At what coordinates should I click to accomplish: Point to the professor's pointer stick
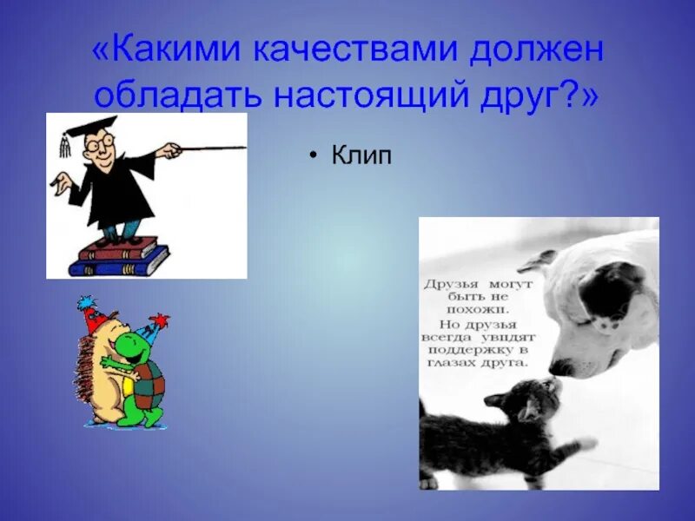(x=208, y=149)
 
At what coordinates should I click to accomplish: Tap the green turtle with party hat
(x=139, y=373)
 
